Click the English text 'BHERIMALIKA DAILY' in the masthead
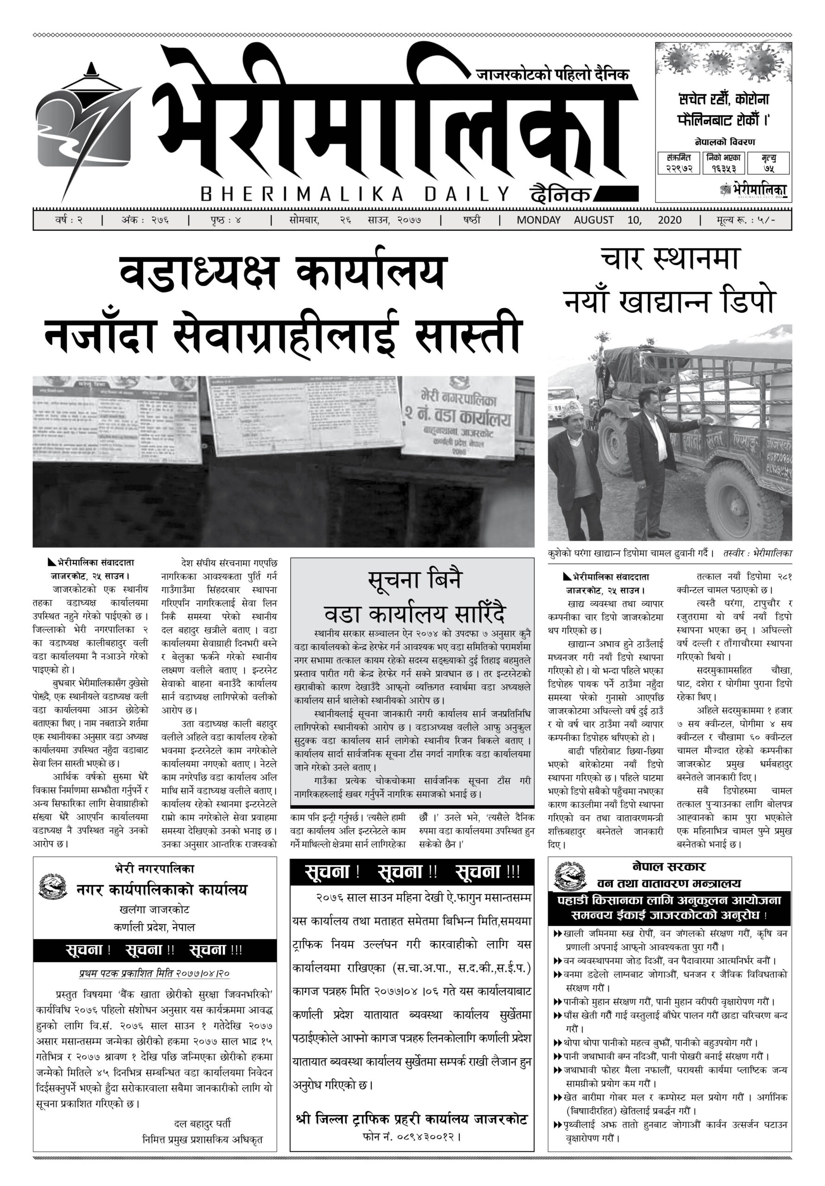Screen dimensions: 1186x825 click(x=355, y=194)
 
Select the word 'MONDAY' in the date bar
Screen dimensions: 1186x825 click(x=539, y=220)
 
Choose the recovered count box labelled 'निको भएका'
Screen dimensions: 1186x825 click(x=723, y=163)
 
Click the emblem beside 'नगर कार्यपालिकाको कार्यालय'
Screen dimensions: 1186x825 click(x=52, y=885)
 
